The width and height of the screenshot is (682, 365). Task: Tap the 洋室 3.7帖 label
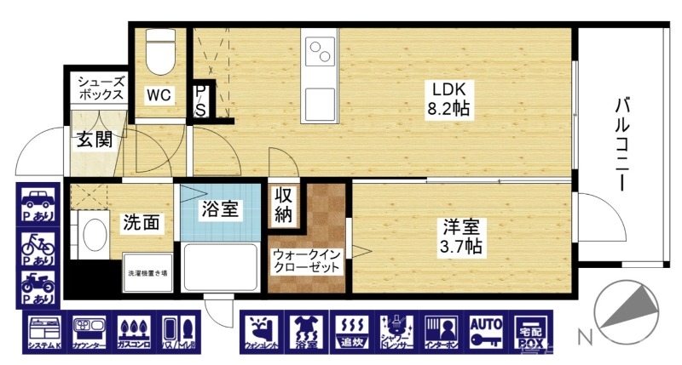tap(462, 237)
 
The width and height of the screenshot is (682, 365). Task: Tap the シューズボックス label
tap(101, 88)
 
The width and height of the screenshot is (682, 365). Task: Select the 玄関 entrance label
tap(94, 140)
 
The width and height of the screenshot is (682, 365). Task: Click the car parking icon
tap(37, 205)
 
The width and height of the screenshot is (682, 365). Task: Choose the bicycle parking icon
tap(37, 248)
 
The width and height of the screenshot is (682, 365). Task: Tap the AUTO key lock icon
tap(487, 332)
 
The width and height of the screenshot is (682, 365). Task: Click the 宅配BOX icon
tap(531, 332)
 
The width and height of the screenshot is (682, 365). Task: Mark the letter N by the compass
tap(586, 338)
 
